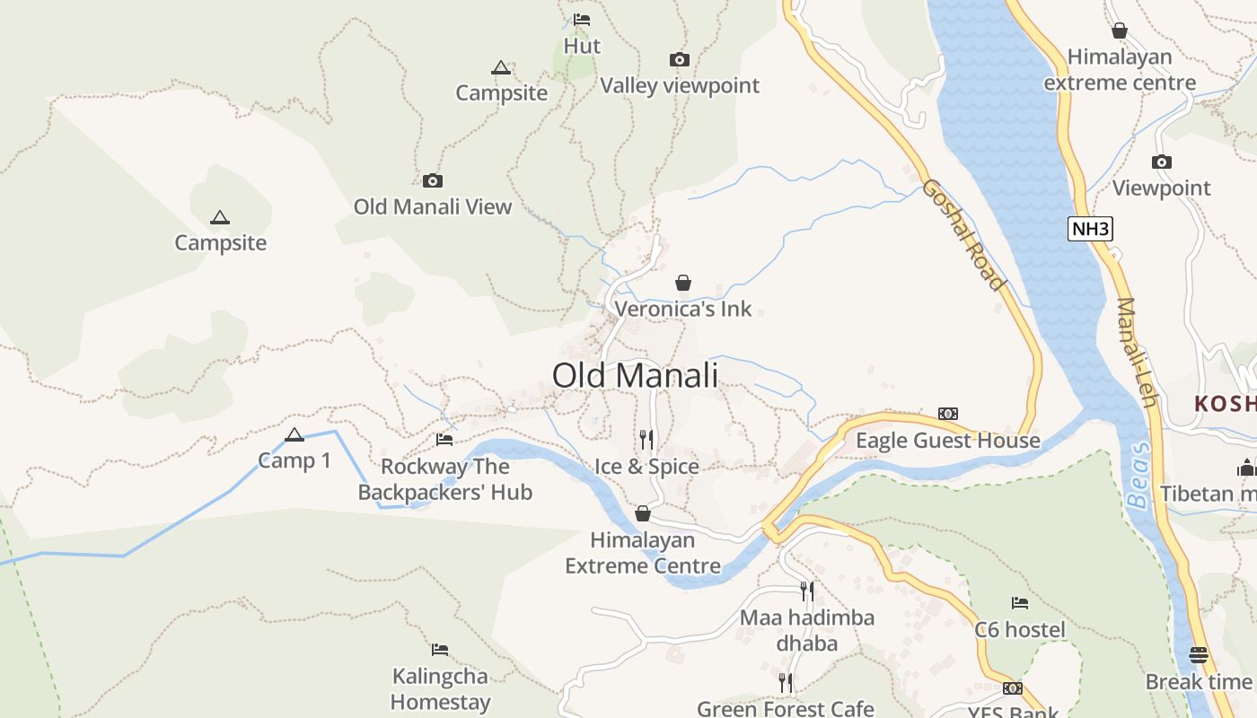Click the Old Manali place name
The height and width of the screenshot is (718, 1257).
click(x=635, y=375)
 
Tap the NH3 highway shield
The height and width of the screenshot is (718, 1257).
click(x=1091, y=229)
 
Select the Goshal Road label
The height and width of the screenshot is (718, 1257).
click(x=963, y=235)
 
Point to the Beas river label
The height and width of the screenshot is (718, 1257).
click(x=1139, y=475)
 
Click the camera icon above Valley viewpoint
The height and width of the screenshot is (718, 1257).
click(x=680, y=60)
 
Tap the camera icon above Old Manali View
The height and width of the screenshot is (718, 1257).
click(x=433, y=181)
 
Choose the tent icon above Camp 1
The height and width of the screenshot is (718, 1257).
click(x=294, y=435)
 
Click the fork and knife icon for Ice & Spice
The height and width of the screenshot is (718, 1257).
click(x=646, y=439)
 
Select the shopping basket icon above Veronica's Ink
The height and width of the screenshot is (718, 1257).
click(x=683, y=284)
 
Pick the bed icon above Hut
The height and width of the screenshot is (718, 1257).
click(x=582, y=20)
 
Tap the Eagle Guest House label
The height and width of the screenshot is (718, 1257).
click(x=947, y=441)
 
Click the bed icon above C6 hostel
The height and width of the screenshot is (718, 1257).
click(x=1020, y=603)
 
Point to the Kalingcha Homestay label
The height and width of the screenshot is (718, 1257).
click(x=440, y=689)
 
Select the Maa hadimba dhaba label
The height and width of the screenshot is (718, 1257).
click(x=806, y=630)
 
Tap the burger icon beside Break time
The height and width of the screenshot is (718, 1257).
click(x=1198, y=655)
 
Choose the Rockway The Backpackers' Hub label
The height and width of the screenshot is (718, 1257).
click(x=445, y=479)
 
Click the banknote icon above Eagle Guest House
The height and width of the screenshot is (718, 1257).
click(x=947, y=414)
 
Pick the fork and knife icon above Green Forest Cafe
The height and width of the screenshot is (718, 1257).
click(x=786, y=683)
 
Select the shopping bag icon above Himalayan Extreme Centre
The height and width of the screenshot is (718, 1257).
click(x=643, y=513)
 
